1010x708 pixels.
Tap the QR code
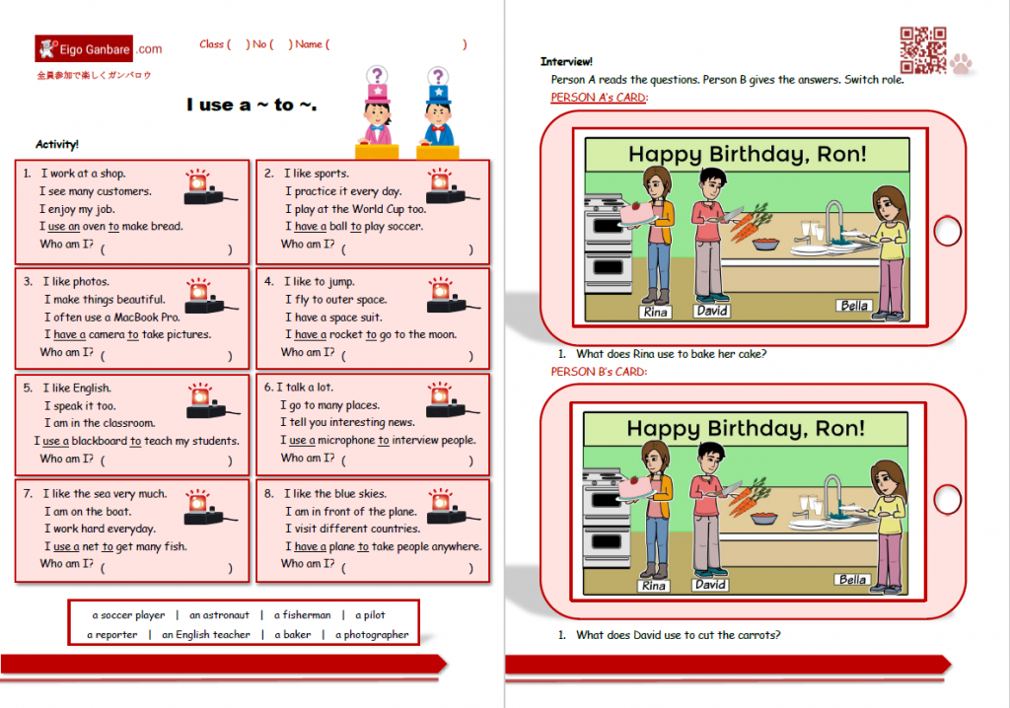point(922,50)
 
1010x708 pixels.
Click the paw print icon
point(962,64)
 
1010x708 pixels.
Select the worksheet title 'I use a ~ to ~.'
point(252,105)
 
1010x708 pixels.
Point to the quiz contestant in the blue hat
point(438,111)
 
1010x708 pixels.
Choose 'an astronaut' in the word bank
point(219,615)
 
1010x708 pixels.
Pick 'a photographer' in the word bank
point(372,635)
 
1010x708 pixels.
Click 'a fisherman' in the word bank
point(302,615)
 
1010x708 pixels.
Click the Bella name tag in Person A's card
point(854,306)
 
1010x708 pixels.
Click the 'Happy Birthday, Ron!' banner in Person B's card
point(746,428)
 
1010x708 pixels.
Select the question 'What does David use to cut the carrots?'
point(679,635)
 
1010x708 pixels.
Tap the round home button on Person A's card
point(947,232)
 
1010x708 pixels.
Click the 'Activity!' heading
point(57,144)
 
